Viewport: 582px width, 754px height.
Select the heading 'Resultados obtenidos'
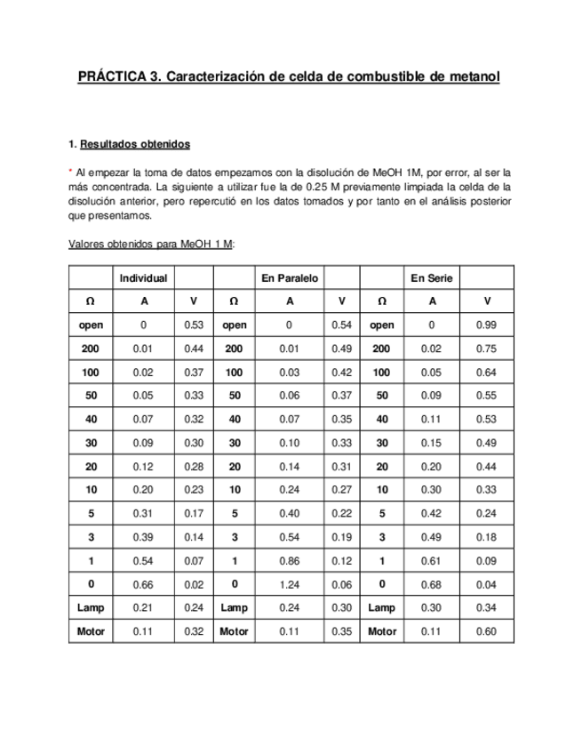(134, 144)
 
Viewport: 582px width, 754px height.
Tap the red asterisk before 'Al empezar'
(70, 172)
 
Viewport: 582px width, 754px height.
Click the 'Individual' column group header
(144, 278)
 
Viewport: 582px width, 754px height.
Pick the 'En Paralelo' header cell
(290, 278)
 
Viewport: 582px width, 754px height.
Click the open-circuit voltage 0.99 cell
(486, 325)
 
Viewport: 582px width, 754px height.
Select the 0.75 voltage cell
(486, 349)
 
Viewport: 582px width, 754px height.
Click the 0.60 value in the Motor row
(486, 631)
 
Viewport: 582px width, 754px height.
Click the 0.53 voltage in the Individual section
(195, 325)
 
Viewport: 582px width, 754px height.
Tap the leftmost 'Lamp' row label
(91, 608)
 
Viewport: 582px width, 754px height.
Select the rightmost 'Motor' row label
(382, 631)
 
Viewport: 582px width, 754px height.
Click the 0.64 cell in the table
(486, 373)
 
